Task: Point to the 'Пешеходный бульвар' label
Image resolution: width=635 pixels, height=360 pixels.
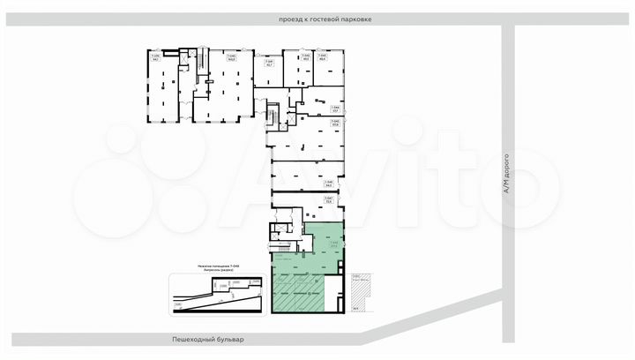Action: [207, 338]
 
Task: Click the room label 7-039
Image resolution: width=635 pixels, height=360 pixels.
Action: [155, 58]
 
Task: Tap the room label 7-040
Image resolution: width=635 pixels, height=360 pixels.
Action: [232, 58]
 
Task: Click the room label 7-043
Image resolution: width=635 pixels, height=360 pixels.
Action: [323, 58]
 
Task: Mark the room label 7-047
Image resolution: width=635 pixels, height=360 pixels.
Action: [328, 199]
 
